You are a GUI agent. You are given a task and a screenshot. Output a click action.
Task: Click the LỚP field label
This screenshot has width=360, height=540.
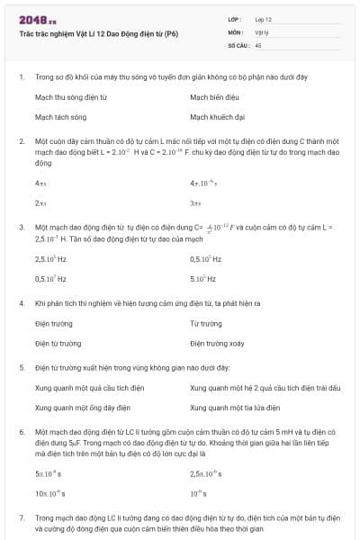point(234,18)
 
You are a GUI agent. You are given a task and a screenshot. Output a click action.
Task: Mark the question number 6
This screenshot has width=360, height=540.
point(21,433)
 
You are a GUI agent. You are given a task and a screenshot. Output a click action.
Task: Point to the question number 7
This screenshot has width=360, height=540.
point(21,519)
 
